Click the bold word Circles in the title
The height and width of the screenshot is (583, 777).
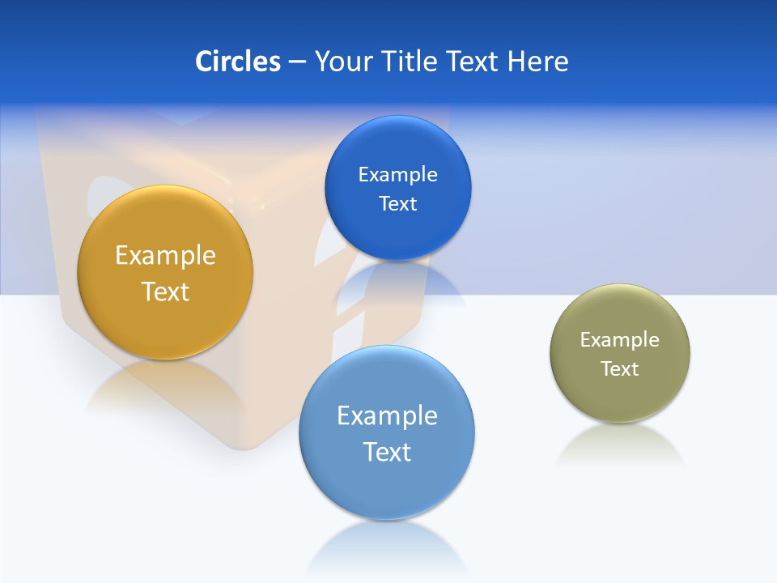pos(238,62)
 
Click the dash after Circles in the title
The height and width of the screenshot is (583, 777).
pos(297,62)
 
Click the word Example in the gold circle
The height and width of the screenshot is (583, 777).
pos(165,256)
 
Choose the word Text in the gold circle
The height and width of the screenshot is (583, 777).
pos(165,291)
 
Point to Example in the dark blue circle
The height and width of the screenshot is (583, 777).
pos(397,175)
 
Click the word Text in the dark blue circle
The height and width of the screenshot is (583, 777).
pos(397,204)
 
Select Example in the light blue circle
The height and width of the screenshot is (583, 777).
pos(387,416)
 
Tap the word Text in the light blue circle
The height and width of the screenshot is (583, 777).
pos(387,452)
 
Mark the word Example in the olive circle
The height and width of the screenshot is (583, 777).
pos(620,340)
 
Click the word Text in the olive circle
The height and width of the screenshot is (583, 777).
pos(620,369)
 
